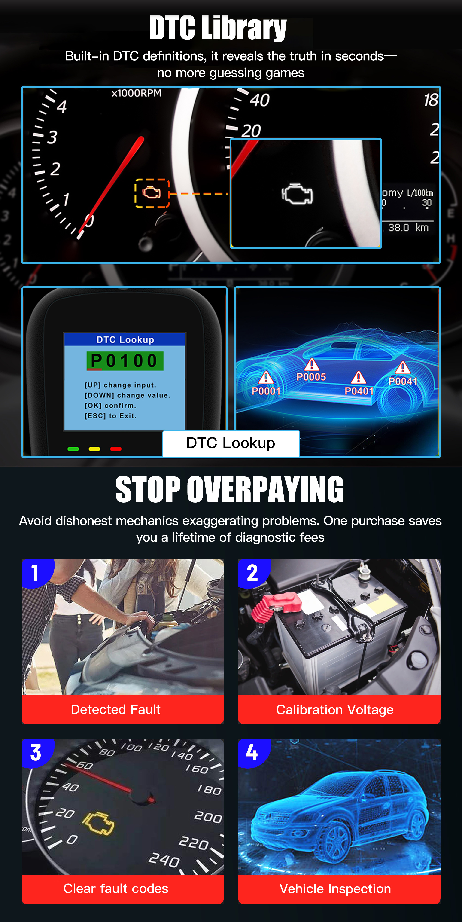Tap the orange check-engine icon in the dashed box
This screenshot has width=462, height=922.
[x=152, y=193]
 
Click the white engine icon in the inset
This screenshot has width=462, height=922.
[x=297, y=194]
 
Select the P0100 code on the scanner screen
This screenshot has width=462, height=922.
[x=125, y=360]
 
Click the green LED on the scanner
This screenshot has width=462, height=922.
[x=73, y=449]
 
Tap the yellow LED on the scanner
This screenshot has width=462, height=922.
[x=94, y=449]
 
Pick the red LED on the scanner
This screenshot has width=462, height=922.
[x=115, y=449]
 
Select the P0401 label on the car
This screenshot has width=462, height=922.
[x=359, y=391]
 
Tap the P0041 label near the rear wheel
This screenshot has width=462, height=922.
[x=403, y=381]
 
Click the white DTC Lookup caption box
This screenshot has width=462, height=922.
[x=231, y=443]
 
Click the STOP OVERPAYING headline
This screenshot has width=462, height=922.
[x=229, y=490]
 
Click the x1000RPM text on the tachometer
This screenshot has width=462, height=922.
[x=136, y=93]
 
